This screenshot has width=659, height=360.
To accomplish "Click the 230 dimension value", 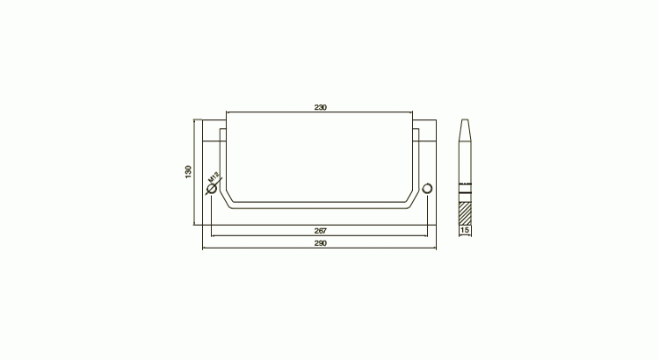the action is tap(320, 107).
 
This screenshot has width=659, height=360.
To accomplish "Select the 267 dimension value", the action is tap(320, 231).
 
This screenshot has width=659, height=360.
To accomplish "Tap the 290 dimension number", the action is tap(320, 243).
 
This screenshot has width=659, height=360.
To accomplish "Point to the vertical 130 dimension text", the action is tap(188, 172).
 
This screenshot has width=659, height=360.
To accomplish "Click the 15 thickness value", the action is tap(465, 230).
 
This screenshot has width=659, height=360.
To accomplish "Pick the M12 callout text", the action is tap(214, 176).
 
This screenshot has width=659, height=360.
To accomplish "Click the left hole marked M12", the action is tap(213, 189).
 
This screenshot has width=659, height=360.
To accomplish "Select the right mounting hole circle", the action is tap(427, 188).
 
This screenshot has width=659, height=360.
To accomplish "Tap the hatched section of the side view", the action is tap(465, 214).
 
